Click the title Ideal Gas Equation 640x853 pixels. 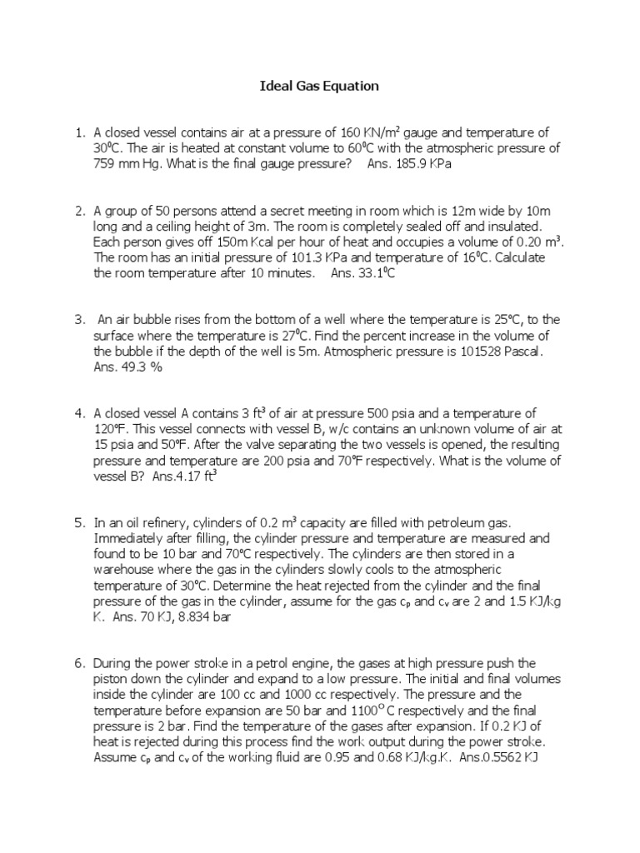point(320,86)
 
